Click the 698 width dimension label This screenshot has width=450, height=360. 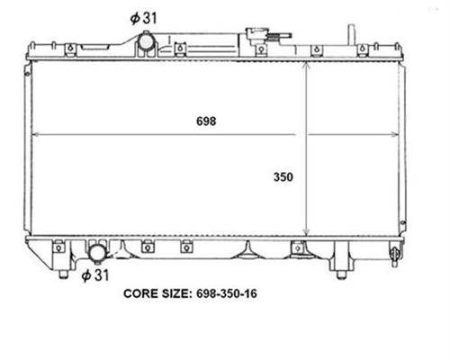click(206, 121)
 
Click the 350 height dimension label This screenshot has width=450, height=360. click(283, 177)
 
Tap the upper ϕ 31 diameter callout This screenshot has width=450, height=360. click(143, 18)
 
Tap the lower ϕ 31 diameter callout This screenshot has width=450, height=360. click(95, 274)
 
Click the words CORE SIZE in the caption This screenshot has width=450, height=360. click(157, 293)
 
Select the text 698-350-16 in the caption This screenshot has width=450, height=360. click(227, 293)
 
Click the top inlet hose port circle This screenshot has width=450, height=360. click(146, 41)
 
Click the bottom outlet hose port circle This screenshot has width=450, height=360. click(97, 254)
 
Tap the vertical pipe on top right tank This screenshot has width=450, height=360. click(352, 35)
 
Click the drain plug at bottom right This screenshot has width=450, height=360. click(394, 255)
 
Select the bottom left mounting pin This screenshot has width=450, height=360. click(63, 274)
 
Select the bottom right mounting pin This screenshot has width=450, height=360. click(340, 274)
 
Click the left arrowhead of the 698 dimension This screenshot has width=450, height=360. click(35, 135)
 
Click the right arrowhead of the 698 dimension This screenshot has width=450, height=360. click(395, 135)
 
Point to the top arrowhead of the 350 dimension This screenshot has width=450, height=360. click(306, 67)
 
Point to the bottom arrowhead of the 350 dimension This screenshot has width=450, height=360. click(306, 231)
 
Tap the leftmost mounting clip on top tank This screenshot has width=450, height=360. click(70, 49)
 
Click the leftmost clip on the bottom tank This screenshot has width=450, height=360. click(58, 247)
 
